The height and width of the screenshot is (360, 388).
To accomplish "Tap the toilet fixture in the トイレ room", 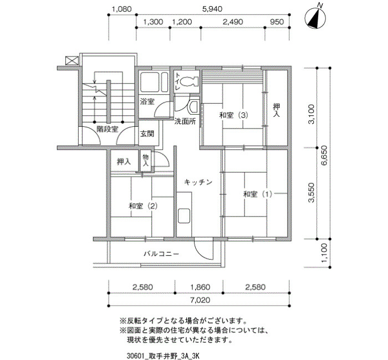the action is [189, 81].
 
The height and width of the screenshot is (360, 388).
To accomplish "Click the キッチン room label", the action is [198, 182].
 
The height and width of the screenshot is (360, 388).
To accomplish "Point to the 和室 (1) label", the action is [258, 194].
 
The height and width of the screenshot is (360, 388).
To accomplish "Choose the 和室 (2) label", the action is [143, 205].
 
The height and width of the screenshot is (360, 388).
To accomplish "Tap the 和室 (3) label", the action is [233, 115].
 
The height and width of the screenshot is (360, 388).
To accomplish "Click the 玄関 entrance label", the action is [147, 134].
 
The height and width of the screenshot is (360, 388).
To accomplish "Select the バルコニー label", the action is [161, 254].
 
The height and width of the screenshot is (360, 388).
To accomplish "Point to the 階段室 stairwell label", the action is [107, 129].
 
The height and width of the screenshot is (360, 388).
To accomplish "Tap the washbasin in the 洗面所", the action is [194, 106].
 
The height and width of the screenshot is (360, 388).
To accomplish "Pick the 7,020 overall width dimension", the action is [200, 300].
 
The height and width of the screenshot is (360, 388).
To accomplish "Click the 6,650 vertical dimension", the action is [324, 155].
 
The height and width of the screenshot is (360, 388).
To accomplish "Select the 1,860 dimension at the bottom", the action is [200, 287].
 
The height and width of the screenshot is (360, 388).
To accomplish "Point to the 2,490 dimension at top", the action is [233, 22].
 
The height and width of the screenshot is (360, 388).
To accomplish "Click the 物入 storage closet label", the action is [145, 160].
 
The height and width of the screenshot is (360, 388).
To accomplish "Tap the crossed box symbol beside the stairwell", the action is [72, 60].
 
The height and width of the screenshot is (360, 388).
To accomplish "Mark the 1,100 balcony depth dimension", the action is [324, 253].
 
